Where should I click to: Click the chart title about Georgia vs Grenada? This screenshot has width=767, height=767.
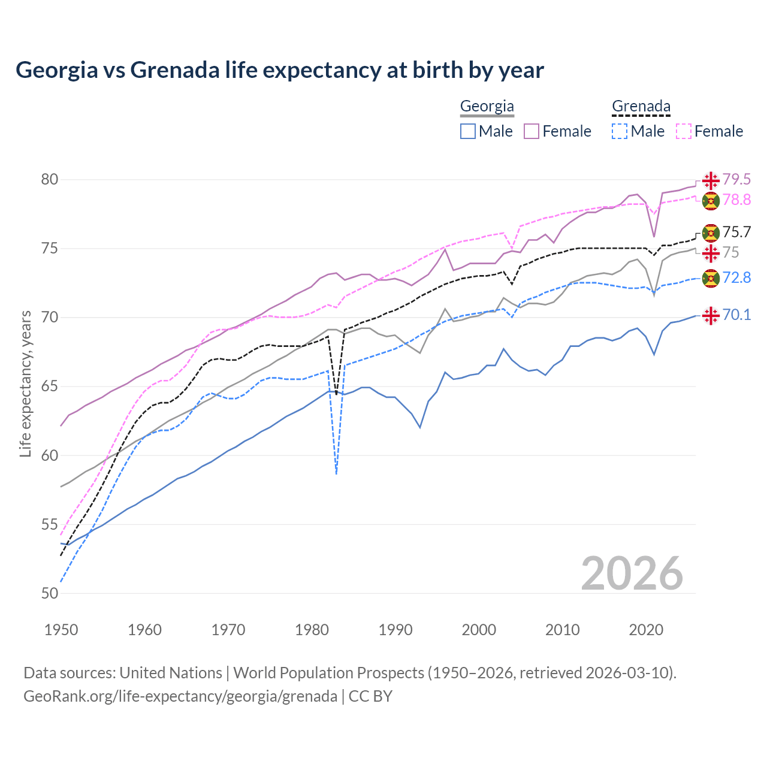tap(279, 70)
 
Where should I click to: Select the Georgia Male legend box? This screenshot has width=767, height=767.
tap(468, 131)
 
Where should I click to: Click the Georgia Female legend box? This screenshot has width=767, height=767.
tap(532, 131)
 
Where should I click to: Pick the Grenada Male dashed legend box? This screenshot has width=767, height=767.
tap(620, 131)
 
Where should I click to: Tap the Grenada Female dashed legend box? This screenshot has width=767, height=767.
tap(684, 131)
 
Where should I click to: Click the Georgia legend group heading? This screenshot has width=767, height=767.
tap(487, 107)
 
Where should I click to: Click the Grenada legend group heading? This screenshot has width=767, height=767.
tap(641, 107)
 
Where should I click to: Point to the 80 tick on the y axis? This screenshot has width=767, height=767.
tap(50, 179)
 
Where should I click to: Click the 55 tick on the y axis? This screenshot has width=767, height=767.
tap(50, 524)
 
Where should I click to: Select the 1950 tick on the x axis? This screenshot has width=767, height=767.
tap(61, 630)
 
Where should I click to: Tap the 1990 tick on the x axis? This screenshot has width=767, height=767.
tap(395, 630)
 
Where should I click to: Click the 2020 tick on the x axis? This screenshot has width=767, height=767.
tap(646, 630)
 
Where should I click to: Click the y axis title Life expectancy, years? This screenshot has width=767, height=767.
tap(25, 383)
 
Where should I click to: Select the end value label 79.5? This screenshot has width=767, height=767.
tap(736, 179)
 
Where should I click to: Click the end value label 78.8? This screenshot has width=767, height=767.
tap(736, 200)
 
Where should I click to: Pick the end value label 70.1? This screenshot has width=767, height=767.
tap(736, 315)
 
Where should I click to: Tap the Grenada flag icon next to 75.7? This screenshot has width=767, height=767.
tap(711, 232)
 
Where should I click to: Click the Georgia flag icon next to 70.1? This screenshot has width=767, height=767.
tap(711, 315)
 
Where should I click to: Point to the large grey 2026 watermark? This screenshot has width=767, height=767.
tap(632, 573)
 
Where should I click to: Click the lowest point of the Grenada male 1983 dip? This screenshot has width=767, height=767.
tap(337, 474)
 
